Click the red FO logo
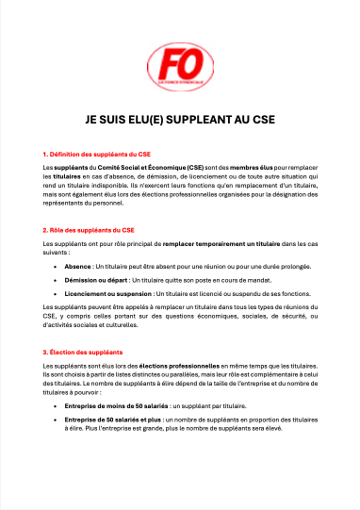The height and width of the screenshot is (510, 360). coord(180,65)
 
